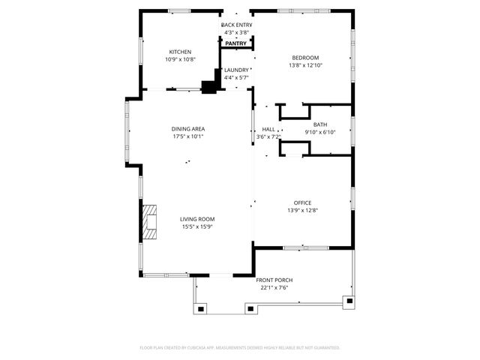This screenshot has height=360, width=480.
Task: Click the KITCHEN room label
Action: (x=180, y=52)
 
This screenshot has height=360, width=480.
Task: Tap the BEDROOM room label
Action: (x=305, y=58)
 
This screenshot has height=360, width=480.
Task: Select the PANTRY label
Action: (x=236, y=43)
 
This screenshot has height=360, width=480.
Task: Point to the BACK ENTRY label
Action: (x=236, y=25)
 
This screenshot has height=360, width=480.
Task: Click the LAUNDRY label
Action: (x=236, y=70)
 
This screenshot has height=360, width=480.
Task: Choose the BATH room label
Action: (x=320, y=124)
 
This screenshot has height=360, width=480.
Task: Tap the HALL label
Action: (x=268, y=129)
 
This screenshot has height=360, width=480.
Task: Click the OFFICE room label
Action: (x=302, y=202)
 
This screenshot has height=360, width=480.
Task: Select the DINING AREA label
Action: (x=188, y=129)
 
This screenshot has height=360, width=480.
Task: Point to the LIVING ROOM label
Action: (x=197, y=219)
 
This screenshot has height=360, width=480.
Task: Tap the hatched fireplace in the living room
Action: (x=151, y=221)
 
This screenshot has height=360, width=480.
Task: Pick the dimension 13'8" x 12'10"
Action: (x=305, y=66)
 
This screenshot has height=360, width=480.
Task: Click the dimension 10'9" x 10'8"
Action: (x=180, y=60)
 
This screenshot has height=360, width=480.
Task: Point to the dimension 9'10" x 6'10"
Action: (x=320, y=133)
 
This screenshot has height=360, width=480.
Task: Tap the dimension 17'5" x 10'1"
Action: (x=188, y=137)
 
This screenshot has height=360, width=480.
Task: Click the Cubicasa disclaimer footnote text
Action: (x=240, y=347)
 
